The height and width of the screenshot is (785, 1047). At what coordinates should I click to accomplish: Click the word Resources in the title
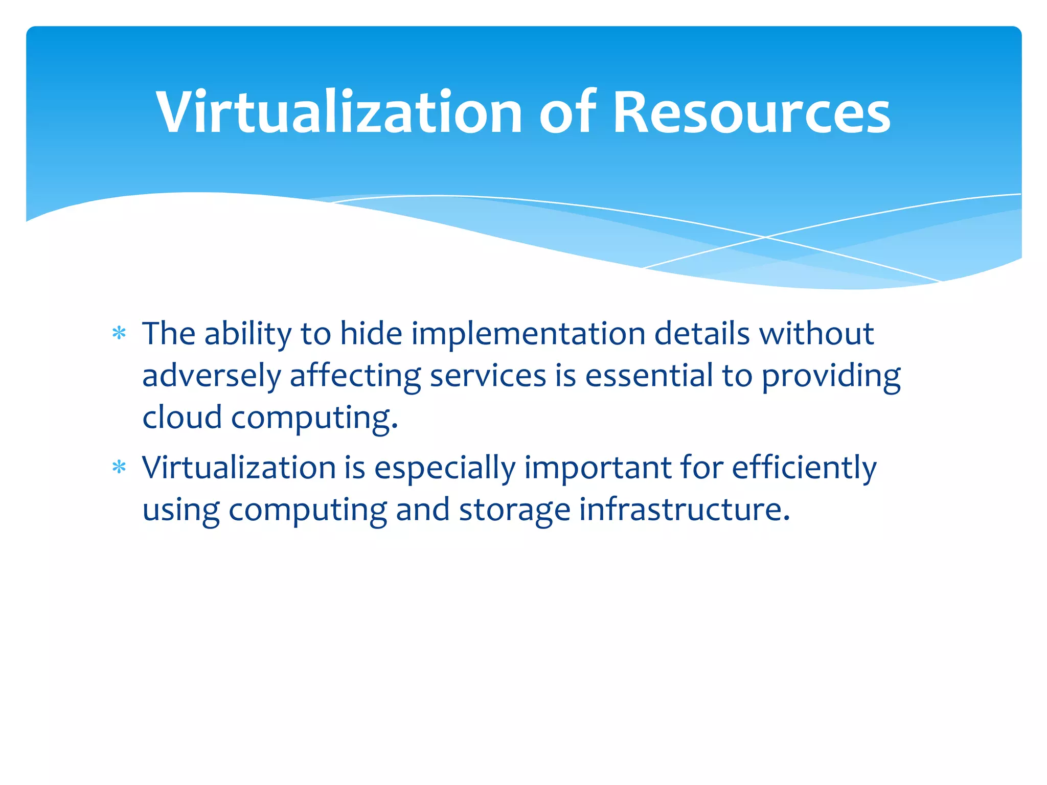[x=751, y=112]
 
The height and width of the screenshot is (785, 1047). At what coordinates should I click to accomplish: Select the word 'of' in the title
[x=567, y=112]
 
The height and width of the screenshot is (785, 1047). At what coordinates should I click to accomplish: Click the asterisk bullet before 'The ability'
[x=119, y=334]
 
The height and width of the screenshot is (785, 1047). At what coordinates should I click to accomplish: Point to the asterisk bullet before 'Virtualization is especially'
[x=119, y=468]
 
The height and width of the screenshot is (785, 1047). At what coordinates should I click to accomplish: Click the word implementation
[x=528, y=334]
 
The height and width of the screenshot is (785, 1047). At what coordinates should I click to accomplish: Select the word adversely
[x=211, y=376]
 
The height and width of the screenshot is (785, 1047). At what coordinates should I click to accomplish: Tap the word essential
[x=649, y=376]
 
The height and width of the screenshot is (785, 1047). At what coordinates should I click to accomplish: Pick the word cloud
[x=181, y=418]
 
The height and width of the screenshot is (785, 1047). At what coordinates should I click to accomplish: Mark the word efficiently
[x=804, y=468]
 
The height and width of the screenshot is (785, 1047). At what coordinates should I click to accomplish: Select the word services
[x=488, y=376]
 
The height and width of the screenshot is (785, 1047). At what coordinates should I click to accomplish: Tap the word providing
[x=831, y=376]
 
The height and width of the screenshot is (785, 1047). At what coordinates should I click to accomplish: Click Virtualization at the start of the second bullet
[x=239, y=468]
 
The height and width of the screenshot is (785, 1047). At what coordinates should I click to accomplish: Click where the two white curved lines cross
[x=765, y=237]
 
